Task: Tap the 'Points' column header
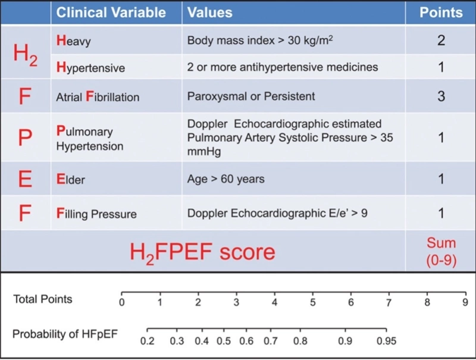tap(440, 12)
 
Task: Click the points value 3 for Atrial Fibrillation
tap(441, 96)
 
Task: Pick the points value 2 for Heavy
tap(441, 41)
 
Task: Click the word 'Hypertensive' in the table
tap(90, 67)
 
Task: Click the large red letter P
tap(25, 138)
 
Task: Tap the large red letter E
tap(25, 179)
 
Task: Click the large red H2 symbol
tap(26, 54)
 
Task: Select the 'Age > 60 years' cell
tap(226, 179)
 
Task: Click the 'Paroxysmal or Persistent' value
tap(251, 96)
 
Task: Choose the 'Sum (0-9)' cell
tap(441, 251)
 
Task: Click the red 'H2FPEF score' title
tap(202, 252)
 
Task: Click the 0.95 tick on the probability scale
tap(386, 329)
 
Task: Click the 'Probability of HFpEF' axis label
tap(65, 334)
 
